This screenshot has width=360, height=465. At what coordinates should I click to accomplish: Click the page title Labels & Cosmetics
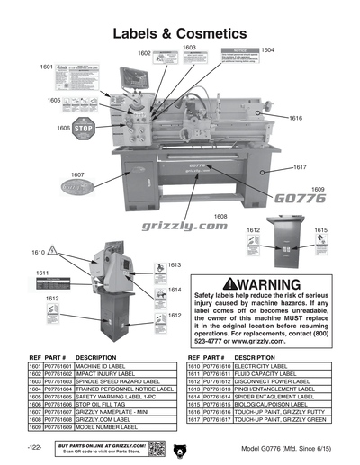[179, 32]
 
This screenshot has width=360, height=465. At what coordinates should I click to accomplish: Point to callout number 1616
[295, 118]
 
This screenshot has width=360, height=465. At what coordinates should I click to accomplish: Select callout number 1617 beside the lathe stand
[300, 167]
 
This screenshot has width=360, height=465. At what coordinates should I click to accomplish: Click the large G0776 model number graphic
[299, 199]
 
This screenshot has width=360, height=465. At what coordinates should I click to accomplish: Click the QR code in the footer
[155, 448]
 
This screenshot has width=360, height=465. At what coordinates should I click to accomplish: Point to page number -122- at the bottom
[34, 448]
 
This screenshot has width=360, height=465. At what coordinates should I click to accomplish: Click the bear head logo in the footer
[181, 448]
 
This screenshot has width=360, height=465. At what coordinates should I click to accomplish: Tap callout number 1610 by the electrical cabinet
[38, 252]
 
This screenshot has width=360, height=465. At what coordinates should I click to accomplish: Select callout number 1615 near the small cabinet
[320, 230]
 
